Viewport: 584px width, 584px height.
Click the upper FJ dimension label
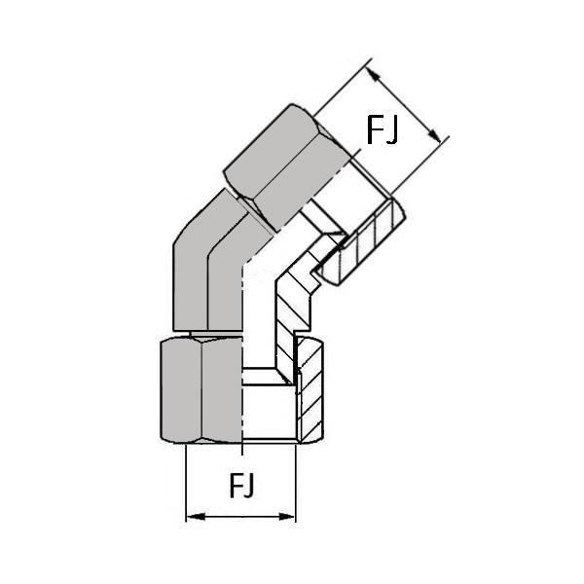click(383, 129)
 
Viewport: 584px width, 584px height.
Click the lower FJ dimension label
click(241, 486)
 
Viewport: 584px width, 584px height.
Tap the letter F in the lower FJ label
click(236, 485)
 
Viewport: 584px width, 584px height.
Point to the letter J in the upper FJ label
click(392, 130)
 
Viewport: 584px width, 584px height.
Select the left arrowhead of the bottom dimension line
click(196, 517)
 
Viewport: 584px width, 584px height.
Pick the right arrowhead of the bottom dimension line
click(286, 517)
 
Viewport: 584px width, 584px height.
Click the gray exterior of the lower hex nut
click(201, 390)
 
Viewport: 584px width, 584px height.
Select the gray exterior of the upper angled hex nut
click(287, 167)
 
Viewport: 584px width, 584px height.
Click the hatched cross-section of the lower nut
click(310, 389)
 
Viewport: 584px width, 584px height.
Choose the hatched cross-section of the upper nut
click(363, 242)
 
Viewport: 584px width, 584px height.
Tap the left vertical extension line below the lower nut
click(186, 483)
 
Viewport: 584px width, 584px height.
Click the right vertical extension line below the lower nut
click(296, 483)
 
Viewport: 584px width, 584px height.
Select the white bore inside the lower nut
click(270, 412)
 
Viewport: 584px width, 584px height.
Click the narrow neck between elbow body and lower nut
click(216, 333)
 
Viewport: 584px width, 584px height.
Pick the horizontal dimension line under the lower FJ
click(240, 517)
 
